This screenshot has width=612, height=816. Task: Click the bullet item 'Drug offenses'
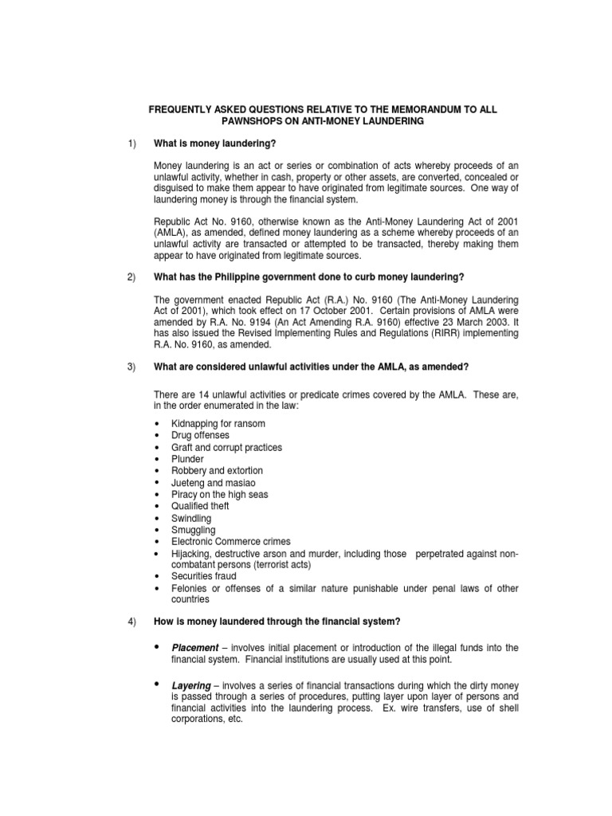(200, 435)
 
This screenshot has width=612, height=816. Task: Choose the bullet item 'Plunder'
(187, 459)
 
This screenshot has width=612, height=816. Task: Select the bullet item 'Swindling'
(191, 518)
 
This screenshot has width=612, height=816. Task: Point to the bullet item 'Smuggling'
(193, 530)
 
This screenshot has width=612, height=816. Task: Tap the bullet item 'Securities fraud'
(203, 575)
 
